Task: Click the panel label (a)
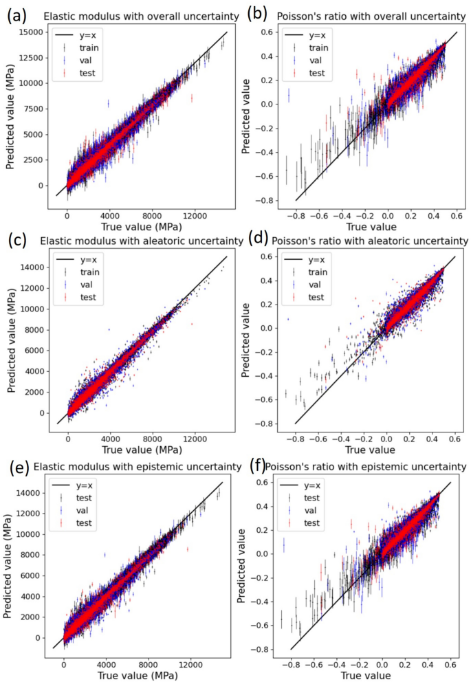click(18, 14)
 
